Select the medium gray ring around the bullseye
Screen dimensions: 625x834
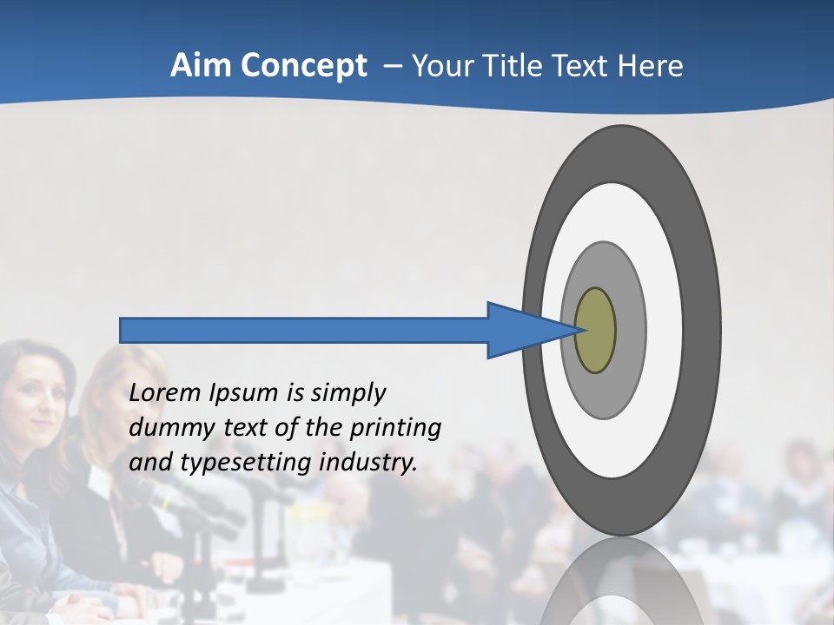pyautogui.click(x=629, y=331)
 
